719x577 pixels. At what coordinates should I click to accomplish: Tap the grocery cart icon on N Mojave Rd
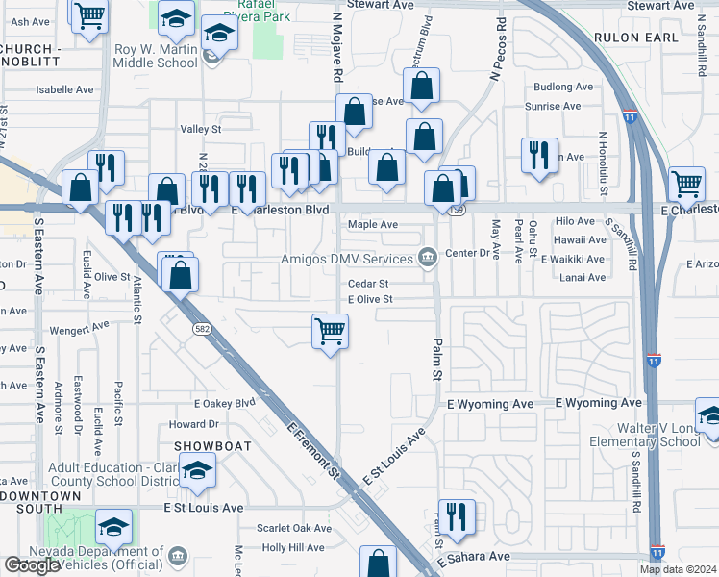(330, 333)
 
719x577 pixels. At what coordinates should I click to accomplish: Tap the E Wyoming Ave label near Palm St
(490, 405)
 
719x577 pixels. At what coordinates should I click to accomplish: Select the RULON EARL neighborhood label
(634, 38)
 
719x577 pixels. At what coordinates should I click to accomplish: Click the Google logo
(31, 565)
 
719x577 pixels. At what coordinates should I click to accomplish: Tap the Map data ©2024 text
(678, 569)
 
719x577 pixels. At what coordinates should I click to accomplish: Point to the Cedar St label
(368, 284)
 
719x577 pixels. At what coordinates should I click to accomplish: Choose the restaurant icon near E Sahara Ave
(457, 516)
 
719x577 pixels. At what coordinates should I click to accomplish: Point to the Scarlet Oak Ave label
(294, 528)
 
